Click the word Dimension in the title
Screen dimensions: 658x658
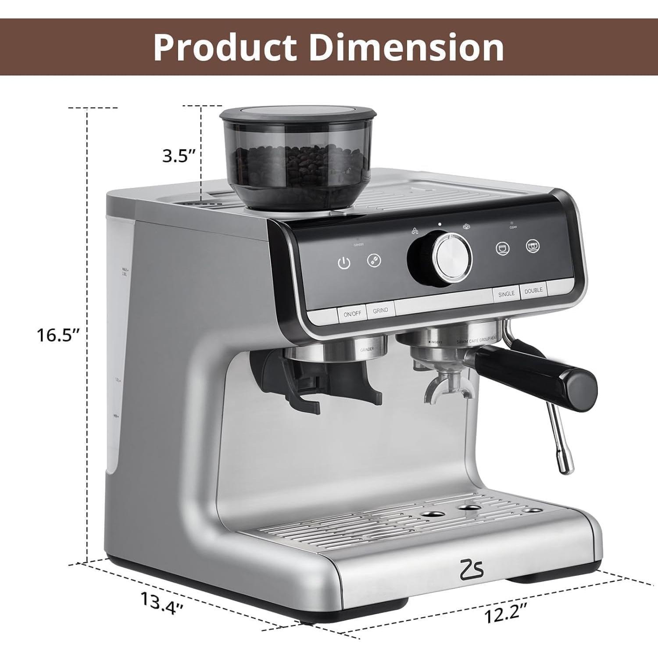407,47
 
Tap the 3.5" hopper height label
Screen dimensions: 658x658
179,156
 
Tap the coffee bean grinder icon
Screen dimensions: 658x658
374,260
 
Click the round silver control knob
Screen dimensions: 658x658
452,257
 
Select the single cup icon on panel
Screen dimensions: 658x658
503,249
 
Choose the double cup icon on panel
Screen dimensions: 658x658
533,246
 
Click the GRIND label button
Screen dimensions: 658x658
380,310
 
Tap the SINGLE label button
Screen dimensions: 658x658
506,293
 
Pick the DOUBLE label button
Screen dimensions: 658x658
533,290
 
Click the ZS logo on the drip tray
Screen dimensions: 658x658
471,569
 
